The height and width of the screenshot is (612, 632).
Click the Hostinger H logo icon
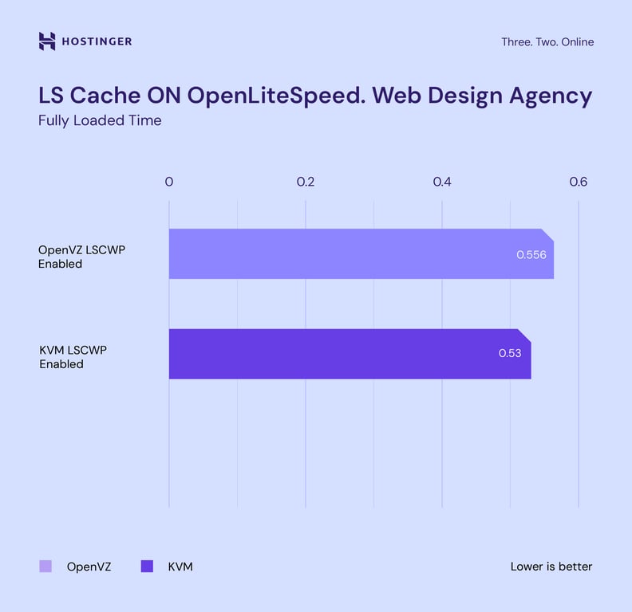click(x=47, y=41)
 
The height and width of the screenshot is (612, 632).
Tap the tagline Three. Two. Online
click(x=547, y=41)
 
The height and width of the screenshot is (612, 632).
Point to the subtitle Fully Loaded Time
click(x=100, y=121)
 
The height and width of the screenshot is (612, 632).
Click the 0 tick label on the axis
click(x=169, y=182)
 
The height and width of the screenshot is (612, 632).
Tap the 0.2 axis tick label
click(x=306, y=182)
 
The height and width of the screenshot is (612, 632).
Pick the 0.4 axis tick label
click(x=442, y=182)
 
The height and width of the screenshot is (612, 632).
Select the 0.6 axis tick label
click(x=579, y=182)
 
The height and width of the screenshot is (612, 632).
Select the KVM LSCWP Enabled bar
click(x=335, y=354)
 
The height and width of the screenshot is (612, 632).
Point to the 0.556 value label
click(x=531, y=255)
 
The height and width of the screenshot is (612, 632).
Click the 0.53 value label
click(x=510, y=353)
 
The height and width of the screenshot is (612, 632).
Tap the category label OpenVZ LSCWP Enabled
click(x=81, y=257)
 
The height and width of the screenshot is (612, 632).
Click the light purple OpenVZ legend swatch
click(x=45, y=567)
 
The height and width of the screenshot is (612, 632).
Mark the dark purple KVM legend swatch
click(x=146, y=567)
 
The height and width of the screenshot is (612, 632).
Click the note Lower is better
click(x=551, y=567)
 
